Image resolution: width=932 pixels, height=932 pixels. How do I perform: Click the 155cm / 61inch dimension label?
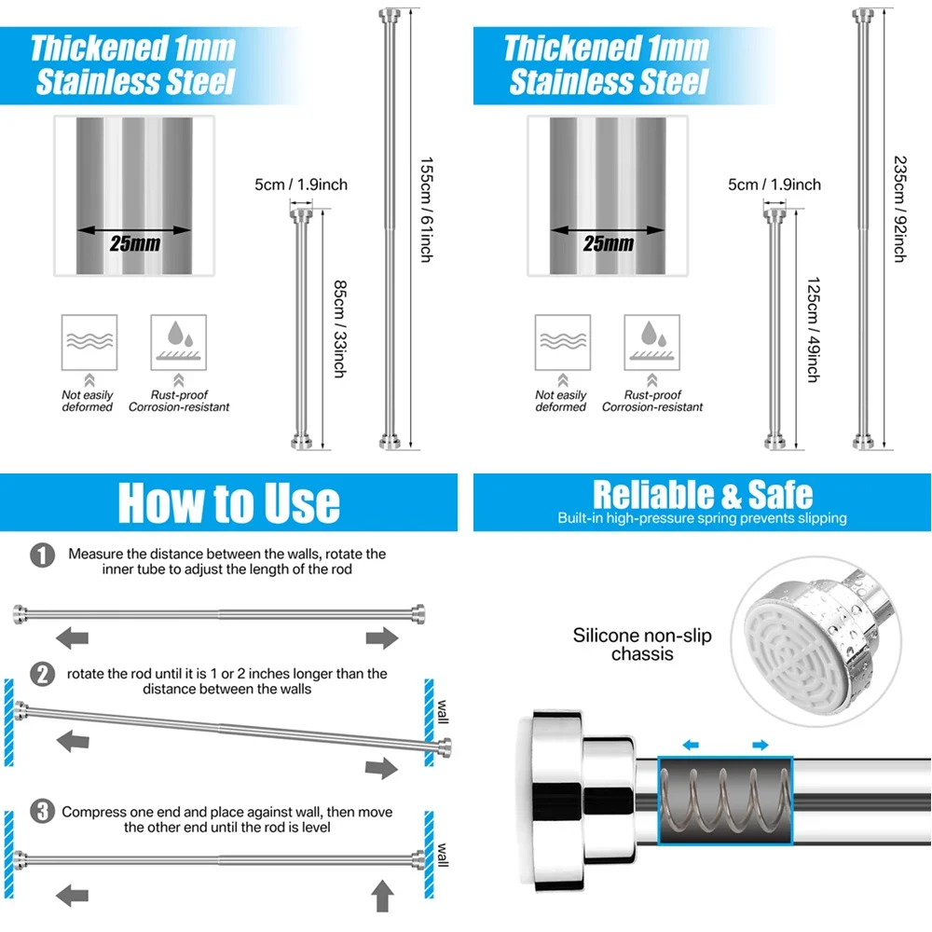pos(426,210)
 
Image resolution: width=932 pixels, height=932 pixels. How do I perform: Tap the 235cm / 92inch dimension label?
pos(900,209)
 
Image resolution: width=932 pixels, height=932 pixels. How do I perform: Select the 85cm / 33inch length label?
pos(339,329)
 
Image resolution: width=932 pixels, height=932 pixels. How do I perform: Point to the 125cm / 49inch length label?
pos(813,330)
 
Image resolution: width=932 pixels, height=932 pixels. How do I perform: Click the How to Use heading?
pos(229,503)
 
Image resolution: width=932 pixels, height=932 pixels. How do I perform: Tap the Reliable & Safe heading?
pos(703,494)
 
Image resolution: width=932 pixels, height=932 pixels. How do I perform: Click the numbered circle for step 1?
pos(42,555)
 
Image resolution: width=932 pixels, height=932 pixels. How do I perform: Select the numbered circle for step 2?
pos(42,675)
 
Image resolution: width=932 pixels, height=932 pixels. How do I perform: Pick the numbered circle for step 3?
pos(42,812)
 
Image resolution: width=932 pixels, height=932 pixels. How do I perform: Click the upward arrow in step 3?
pos(382,896)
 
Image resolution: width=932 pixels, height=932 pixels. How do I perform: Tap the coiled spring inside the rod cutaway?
pos(725,800)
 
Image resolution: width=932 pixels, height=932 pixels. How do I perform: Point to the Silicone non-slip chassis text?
pos(642,644)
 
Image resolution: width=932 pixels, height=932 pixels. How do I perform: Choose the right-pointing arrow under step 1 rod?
pos(381,637)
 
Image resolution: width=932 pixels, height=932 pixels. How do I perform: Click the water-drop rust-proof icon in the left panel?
pos(178,342)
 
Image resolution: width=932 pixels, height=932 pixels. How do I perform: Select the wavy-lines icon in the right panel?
pos(562,342)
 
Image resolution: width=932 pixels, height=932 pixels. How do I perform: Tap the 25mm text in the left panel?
pos(135,243)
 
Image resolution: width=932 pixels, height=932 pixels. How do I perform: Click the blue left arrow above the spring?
pos(690,745)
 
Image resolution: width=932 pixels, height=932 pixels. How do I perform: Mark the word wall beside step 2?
pos(442,711)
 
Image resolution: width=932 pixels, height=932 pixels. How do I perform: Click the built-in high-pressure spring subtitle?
pos(702,518)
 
